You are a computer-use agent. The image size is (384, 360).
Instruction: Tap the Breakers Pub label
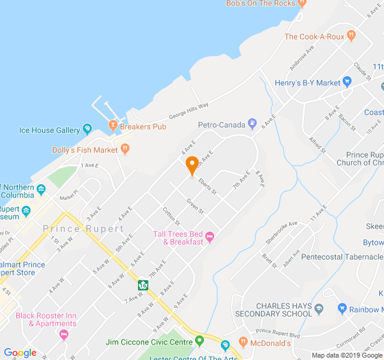click(143, 127)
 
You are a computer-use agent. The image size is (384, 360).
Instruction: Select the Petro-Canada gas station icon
click(253, 125)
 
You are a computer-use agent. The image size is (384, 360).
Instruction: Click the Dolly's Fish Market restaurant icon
click(125, 149)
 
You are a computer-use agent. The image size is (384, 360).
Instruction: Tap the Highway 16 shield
click(143, 285)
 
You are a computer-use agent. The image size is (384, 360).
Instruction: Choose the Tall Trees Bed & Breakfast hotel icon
click(210, 238)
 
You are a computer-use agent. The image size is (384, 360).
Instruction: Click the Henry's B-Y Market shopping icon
click(347, 83)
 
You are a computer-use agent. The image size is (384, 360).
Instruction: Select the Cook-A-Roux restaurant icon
click(352, 37)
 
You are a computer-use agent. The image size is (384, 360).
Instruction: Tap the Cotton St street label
click(171, 217)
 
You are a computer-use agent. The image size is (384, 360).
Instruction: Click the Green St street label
click(196, 206)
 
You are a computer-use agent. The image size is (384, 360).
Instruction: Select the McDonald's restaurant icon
click(243, 343)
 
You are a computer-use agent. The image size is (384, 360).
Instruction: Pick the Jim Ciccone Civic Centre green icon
click(200, 341)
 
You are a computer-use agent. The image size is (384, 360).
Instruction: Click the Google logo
click(20, 353)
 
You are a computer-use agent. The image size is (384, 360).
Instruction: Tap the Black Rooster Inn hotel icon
click(65, 334)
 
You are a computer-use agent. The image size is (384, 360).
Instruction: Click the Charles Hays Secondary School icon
click(319, 310)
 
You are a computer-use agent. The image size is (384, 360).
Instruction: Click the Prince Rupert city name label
click(83, 229)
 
